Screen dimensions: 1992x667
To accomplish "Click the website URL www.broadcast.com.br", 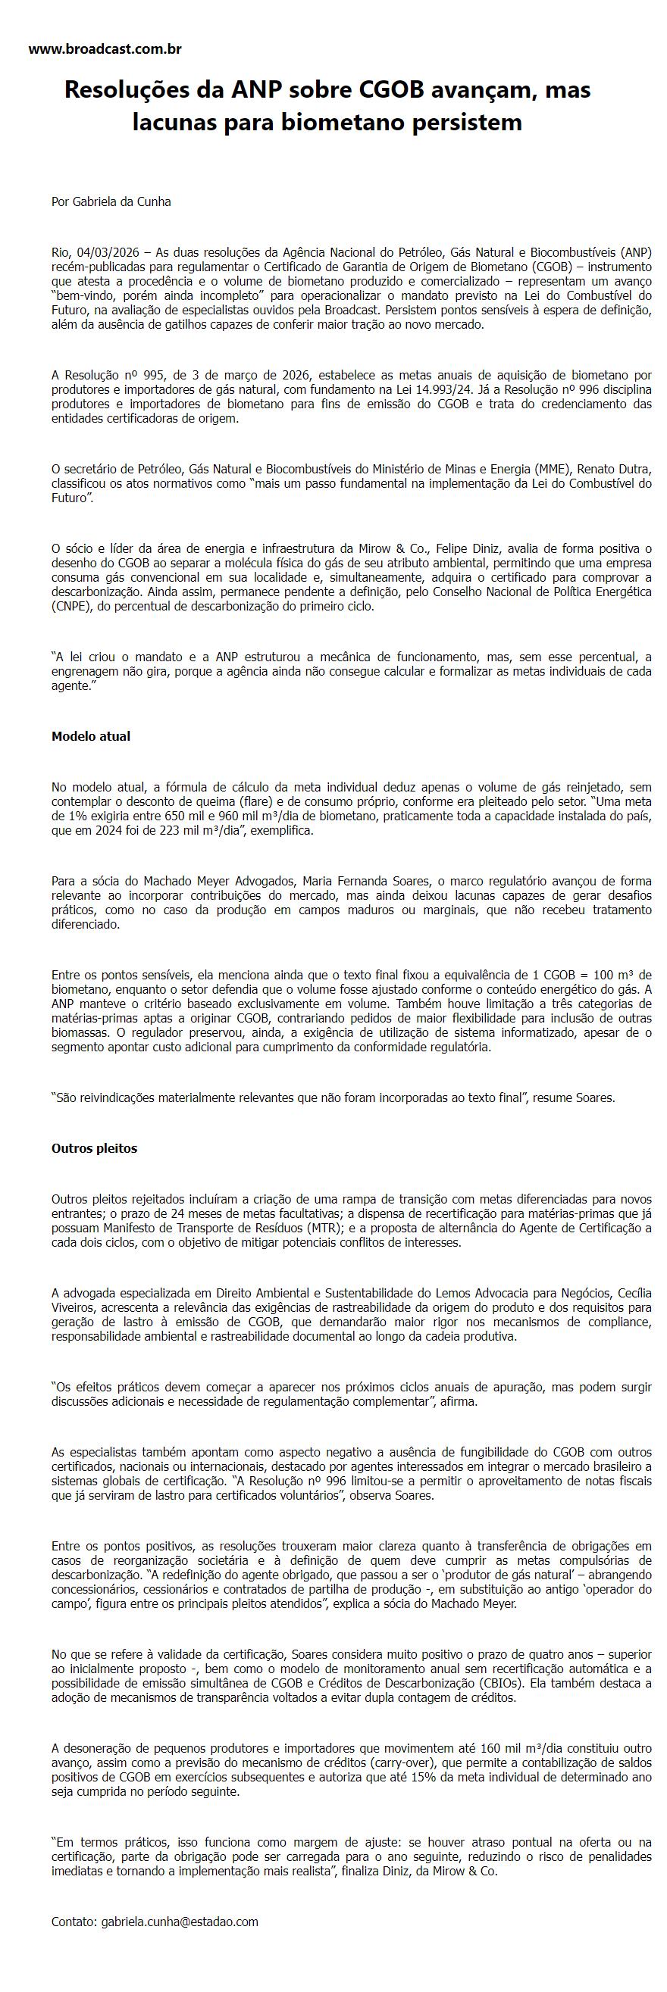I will (x=105, y=49).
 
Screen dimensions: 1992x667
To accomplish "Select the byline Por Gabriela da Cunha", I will (x=111, y=201).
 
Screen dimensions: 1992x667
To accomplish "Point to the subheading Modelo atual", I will (x=90, y=736).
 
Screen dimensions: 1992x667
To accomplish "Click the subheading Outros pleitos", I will (x=94, y=1148).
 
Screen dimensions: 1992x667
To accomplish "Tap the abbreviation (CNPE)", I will (x=70, y=607).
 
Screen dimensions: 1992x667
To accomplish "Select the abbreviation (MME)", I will (x=547, y=469).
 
